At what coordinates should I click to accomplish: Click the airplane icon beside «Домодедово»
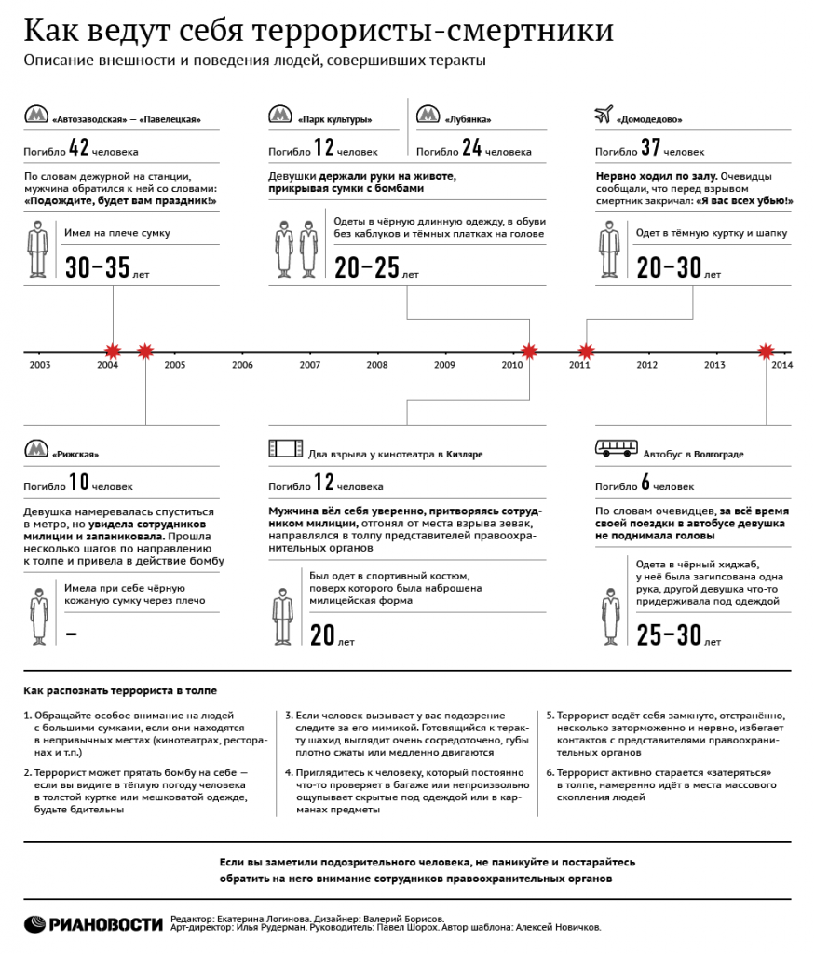tap(602, 116)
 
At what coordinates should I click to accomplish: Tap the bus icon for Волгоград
tap(615, 450)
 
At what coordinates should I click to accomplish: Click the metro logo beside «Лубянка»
tap(427, 115)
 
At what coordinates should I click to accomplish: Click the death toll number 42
tap(79, 147)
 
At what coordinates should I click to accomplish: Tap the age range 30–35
tap(98, 268)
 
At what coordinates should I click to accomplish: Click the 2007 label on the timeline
tap(309, 365)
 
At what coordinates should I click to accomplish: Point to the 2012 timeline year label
tap(646, 365)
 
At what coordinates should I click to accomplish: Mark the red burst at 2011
tap(586, 351)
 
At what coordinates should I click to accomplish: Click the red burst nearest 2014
tap(766, 351)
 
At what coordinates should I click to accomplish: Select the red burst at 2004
tap(113, 351)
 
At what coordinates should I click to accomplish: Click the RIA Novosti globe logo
tap(35, 923)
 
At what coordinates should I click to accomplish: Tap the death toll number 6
tap(645, 484)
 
